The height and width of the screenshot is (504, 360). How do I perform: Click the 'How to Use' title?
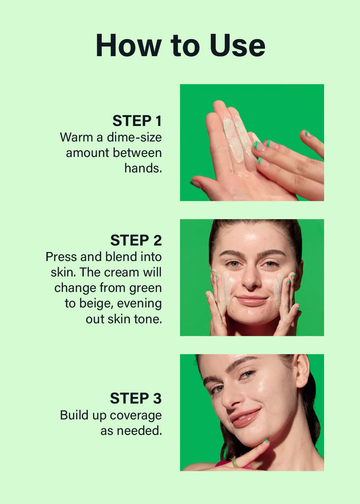(x=180, y=45)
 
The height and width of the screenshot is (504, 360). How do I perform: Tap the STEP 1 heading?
(x=137, y=121)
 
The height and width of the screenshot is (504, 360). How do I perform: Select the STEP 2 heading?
(x=136, y=240)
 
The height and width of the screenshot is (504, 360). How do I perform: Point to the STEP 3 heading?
(x=136, y=398)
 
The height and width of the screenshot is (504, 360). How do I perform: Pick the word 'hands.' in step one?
(x=143, y=168)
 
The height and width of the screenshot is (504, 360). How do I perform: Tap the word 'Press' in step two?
(x=61, y=256)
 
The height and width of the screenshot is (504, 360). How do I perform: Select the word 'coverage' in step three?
(x=135, y=415)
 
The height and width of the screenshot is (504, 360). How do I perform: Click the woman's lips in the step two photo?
(x=252, y=300)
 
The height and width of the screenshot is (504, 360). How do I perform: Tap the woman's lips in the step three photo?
(x=246, y=417)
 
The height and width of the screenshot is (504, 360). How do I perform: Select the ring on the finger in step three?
(x=234, y=462)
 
